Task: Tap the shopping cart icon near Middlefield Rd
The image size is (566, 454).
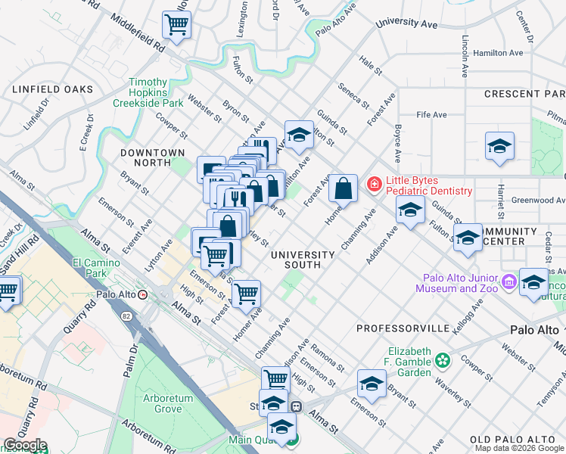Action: (176, 25)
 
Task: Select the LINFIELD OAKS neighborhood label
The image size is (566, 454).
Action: (52, 89)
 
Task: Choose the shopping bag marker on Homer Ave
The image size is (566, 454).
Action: (343, 188)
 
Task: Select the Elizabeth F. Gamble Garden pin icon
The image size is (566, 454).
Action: (445, 359)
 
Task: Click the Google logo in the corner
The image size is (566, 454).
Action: (25, 446)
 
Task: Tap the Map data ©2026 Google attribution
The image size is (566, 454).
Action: (520, 448)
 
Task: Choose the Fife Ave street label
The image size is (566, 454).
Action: (431, 115)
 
